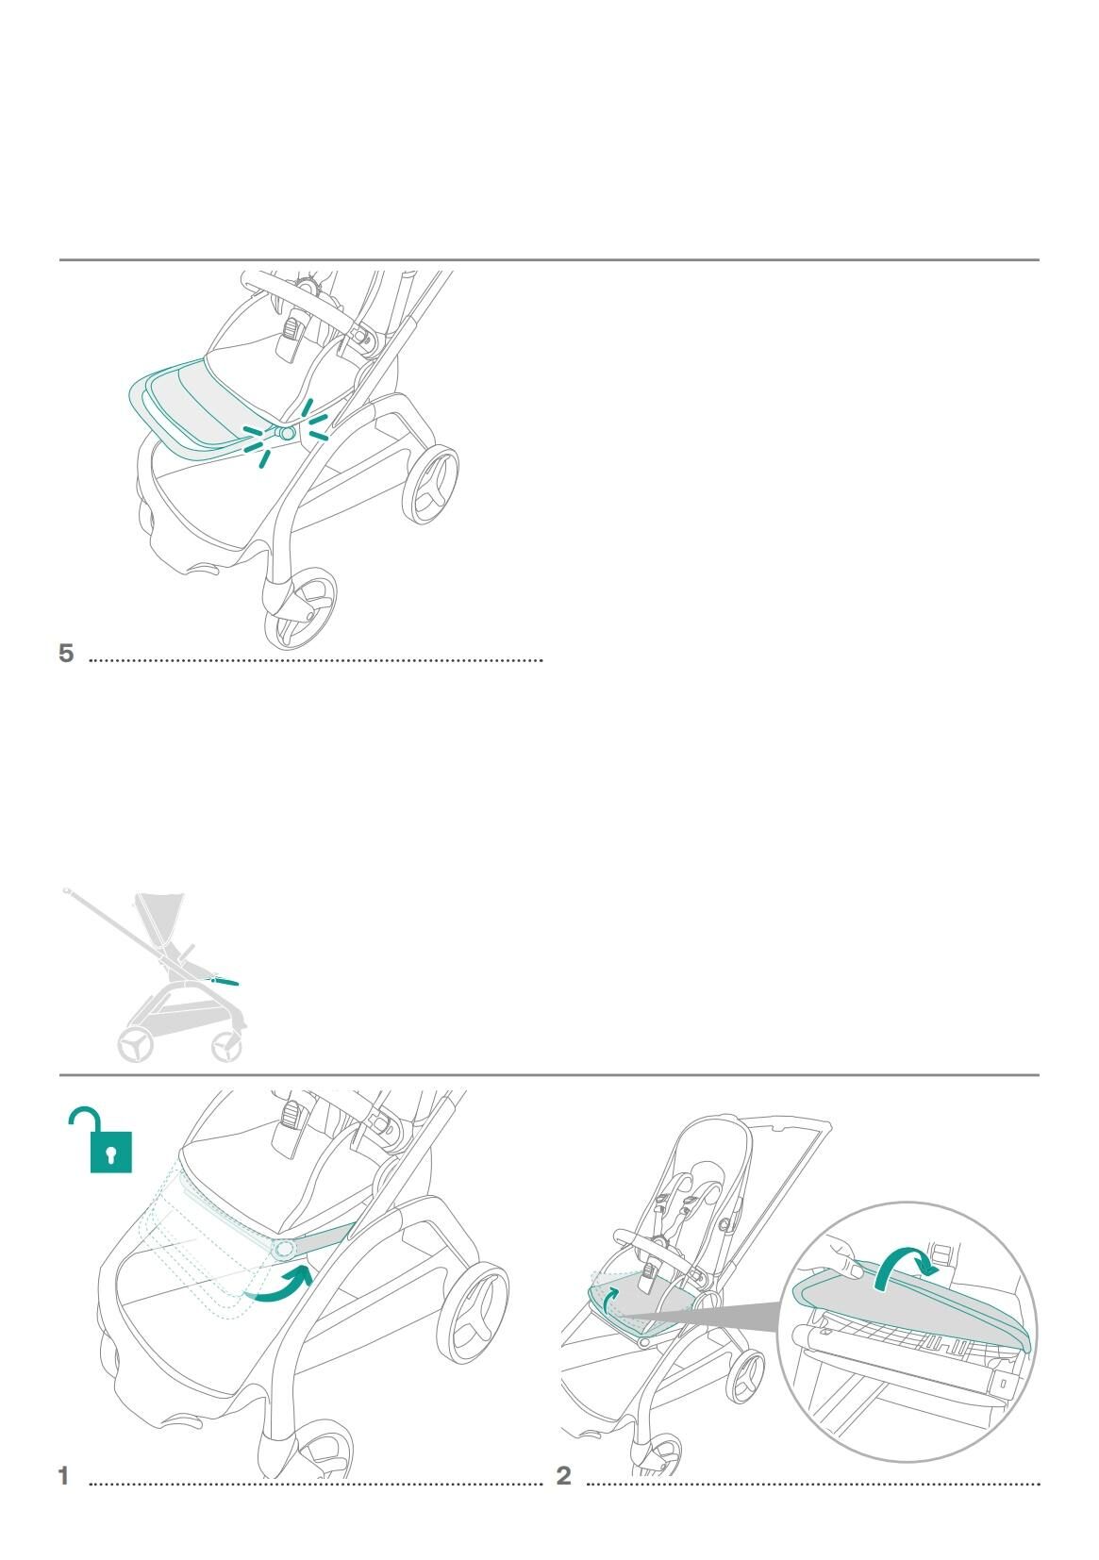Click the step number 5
pyautogui.click(x=66, y=654)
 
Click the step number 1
pyautogui.click(x=63, y=1475)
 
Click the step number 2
pyautogui.click(x=563, y=1475)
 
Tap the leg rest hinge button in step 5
pyautogui.click(x=286, y=433)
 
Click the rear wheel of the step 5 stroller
pyautogui.click(x=430, y=484)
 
